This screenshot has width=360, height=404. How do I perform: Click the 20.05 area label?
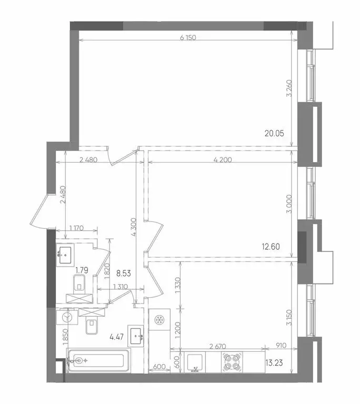point(275,133)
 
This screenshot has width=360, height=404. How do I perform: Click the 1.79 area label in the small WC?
point(81,270)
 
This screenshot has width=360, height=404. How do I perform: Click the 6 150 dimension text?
point(187,38)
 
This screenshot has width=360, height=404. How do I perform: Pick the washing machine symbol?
point(67,318)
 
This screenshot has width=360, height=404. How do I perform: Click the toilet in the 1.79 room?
point(80,286)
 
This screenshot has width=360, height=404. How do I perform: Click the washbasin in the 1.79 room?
point(66,255)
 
